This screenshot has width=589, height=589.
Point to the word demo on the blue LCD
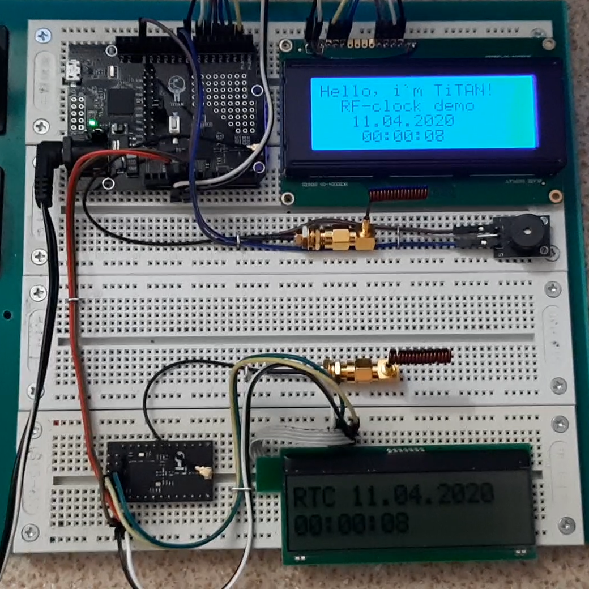pyautogui.click(x=453, y=106)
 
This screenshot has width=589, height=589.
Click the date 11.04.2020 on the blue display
pyautogui.click(x=403, y=121)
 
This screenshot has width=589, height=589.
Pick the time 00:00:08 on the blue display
pyautogui.click(x=403, y=136)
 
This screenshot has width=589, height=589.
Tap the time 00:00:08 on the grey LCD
pyautogui.click(x=351, y=524)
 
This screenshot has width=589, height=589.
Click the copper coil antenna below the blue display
pyautogui.click(x=399, y=194)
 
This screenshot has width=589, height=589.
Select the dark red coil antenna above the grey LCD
pyautogui.click(x=420, y=357)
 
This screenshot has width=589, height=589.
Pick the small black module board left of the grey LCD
pyautogui.click(x=161, y=470)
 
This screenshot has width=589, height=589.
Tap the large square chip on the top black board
pyautogui.click(x=120, y=101)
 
